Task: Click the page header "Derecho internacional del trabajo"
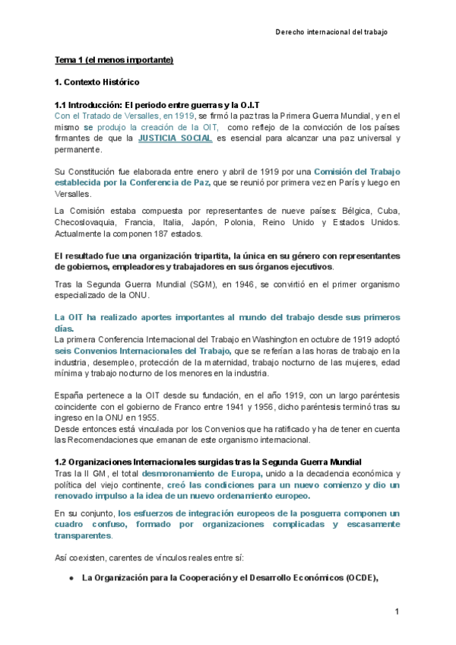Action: pyautogui.click(x=331, y=33)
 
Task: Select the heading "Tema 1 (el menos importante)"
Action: pyautogui.click(x=114, y=60)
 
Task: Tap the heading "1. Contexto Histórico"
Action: pyautogui.click(x=97, y=81)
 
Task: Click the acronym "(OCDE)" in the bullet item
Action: pyautogui.click(x=359, y=577)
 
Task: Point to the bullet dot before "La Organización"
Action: pyautogui.click(x=71, y=577)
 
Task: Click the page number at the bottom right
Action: pyautogui.click(x=397, y=612)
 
